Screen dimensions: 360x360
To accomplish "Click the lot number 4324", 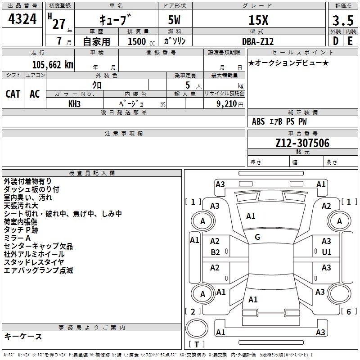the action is click(22, 19).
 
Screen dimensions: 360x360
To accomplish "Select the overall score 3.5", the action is click(343, 20).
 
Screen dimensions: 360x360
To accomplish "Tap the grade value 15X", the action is click(258, 20).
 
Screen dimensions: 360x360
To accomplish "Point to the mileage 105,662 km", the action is click(53, 65).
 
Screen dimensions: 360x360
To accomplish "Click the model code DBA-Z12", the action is click(258, 41).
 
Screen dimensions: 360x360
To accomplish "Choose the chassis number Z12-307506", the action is click(302, 143).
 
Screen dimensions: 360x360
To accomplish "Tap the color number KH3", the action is click(74, 104).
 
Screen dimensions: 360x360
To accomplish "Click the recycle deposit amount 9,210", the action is click(227, 104).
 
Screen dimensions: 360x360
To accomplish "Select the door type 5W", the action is click(174, 20).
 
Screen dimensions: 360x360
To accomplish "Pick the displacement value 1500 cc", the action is click(141, 41).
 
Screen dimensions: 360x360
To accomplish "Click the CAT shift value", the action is click(13, 94).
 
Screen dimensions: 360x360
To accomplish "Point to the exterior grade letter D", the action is click(335, 41).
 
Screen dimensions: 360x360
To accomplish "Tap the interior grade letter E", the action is click(350, 41).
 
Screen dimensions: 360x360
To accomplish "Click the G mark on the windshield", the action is click(257, 237).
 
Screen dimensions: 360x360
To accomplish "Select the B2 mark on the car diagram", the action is click(215, 252).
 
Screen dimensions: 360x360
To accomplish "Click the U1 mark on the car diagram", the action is click(327, 252).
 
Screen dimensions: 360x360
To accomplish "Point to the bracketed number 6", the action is click(349, 311).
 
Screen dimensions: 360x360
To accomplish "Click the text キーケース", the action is click(23, 336).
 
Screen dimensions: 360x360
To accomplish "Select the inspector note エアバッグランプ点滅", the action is click(38, 270).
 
